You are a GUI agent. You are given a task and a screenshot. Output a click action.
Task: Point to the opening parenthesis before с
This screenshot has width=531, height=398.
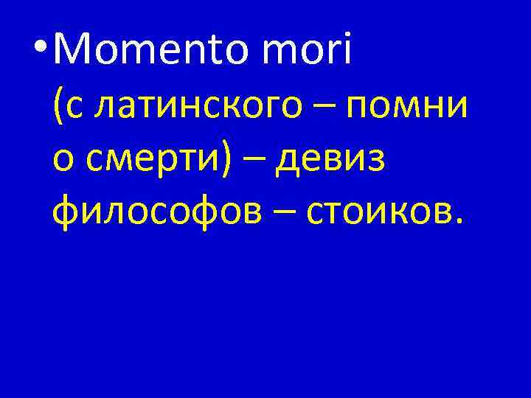pos(58,107)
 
